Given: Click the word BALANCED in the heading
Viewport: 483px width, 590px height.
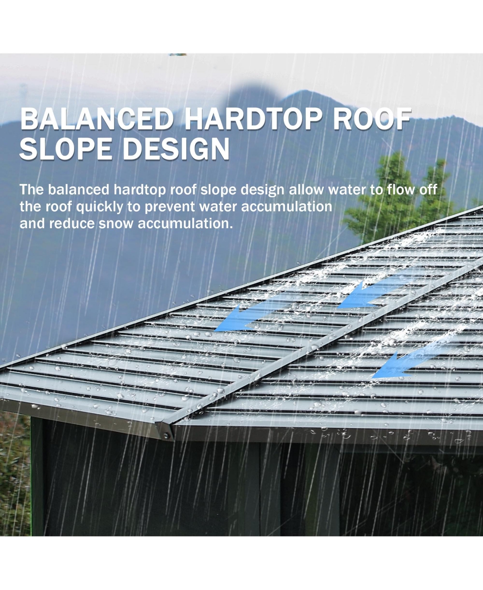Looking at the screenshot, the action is click(x=97, y=119).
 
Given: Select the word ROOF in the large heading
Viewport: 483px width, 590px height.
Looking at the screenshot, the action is click(x=372, y=119).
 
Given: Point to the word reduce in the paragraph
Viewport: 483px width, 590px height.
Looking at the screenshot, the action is click(x=72, y=224).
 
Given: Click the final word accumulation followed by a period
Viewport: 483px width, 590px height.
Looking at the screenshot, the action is click(x=185, y=224).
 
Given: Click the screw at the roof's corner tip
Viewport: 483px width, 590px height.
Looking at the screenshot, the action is click(x=166, y=435).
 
